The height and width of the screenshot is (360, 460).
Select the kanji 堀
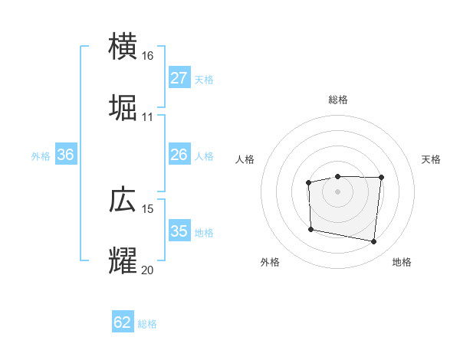(x=123, y=107)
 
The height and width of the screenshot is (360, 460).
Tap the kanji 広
(x=123, y=199)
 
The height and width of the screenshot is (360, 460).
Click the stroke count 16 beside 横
(x=147, y=56)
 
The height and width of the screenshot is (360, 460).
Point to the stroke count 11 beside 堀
(x=147, y=117)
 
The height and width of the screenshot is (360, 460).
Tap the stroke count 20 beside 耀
(x=147, y=270)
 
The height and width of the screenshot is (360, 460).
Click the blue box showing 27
(x=179, y=78)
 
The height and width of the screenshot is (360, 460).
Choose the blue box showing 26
(x=179, y=155)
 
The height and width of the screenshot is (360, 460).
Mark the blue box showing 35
(x=179, y=231)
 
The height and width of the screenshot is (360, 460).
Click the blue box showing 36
(x=66, y=155)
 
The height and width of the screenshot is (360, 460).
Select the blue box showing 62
(x=123, y=322)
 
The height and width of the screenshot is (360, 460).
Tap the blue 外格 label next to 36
(x=41, y=155)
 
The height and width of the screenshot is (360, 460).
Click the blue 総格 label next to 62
(x=147, y=324)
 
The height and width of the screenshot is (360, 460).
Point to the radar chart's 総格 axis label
(x=338, y=100)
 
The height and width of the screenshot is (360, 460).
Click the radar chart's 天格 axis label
(x=431, y=159)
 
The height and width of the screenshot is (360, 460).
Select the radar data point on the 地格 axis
(x=373, y=242)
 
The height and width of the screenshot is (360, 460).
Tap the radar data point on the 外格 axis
(x=310, y=229)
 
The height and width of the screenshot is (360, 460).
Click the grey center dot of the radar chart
(x=338, y=191)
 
